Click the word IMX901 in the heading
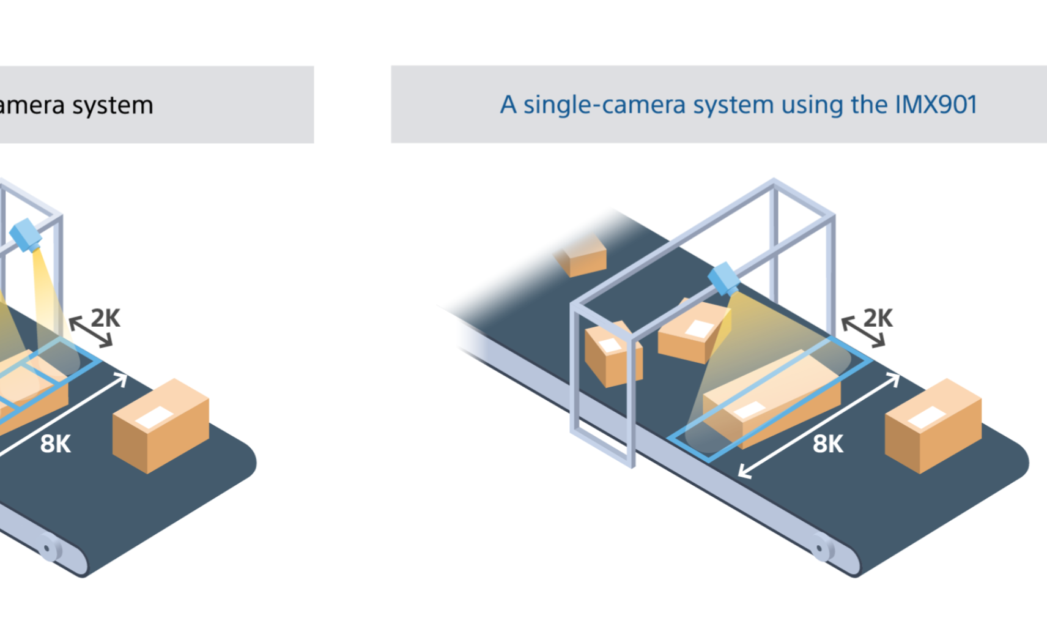[x=936, y=105]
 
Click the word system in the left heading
[x=113, y=106]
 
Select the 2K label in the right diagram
[x=878, y=318]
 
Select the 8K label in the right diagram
[x=827, y=444]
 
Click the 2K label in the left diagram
[x=106, y=318]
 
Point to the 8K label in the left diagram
[x=55, y=444]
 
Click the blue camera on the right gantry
[x=724, y=278]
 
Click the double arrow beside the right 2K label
[x=863, y=332]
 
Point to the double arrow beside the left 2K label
[x=91, y=332]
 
